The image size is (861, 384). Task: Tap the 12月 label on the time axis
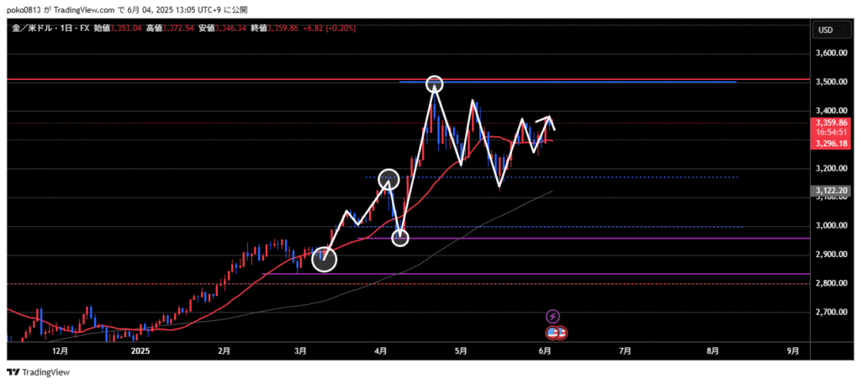(60, 350)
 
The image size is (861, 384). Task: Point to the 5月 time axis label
(459, 350)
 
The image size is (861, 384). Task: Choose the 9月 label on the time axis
(791, 350)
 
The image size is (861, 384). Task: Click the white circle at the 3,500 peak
(434, 83)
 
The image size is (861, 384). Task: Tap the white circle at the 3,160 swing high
(388, 178)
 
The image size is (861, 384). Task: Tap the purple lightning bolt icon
(552, 316)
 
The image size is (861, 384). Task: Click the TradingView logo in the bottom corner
(39, 372)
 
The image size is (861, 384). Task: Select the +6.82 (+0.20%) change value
(329, 29)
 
